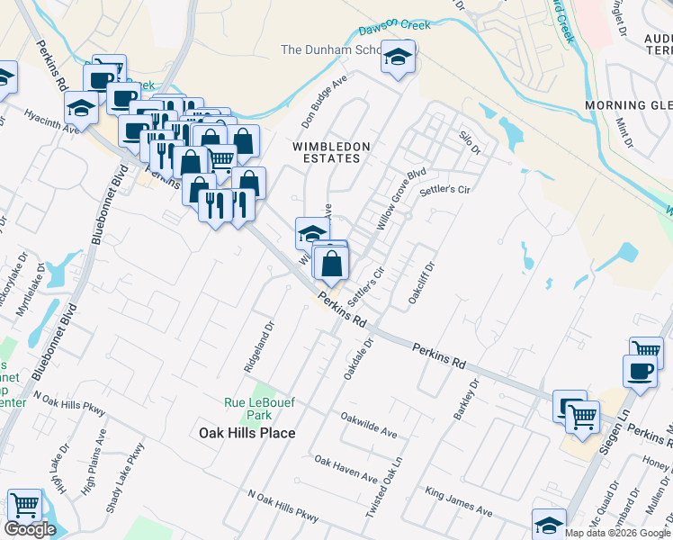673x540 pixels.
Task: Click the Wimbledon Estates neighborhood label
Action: (326, 151)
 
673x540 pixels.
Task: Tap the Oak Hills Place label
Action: (247, 433)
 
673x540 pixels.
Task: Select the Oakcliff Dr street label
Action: (422, 282)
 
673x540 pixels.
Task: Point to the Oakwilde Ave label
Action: (368, 426)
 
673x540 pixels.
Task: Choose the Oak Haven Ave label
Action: (346, 468)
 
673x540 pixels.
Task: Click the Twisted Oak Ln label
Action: (395, 486)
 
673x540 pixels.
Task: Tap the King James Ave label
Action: (459, 502)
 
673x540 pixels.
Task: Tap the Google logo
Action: (31, 529)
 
